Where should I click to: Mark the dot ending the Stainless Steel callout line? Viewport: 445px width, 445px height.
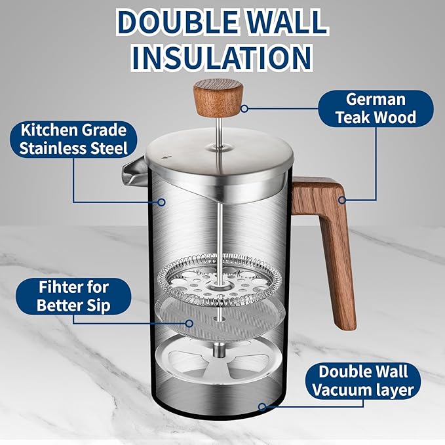pyautogui.click(x=161, y=203)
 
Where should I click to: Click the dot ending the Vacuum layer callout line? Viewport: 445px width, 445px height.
pyautogui.click(x=261, y=407)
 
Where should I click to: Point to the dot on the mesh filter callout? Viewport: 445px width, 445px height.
pyautogui.click(x=189, y=322)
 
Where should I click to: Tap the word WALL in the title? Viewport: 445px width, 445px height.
pyautogui.click(x=283, y=22)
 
